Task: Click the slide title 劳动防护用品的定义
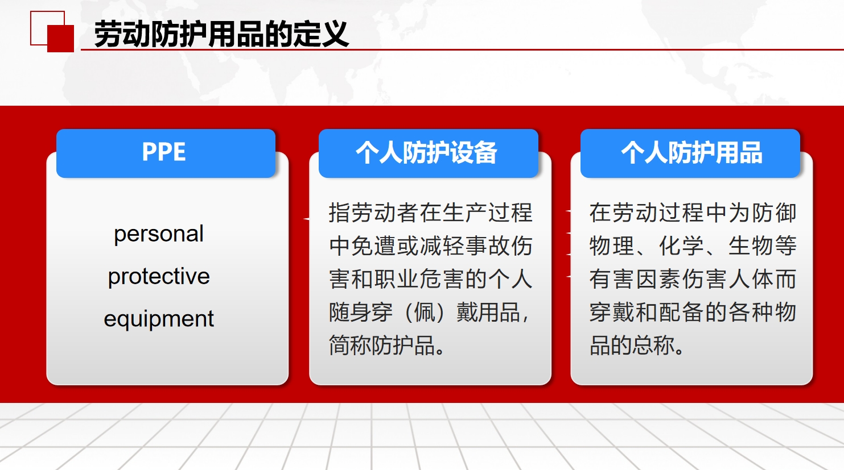pos(221,34)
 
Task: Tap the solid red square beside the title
pos(60,39)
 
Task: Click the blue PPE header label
pos(166,153)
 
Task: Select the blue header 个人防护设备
pos(428,153)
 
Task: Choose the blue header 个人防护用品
pos(690,153)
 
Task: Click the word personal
pos(159,234)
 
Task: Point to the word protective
pos(159,277)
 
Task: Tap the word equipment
pos(159,319)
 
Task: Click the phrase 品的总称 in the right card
pos(632,345)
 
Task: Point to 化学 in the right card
pos(681,246)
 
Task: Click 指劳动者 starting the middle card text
pos(373,213)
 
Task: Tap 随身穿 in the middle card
pos(361,312)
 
